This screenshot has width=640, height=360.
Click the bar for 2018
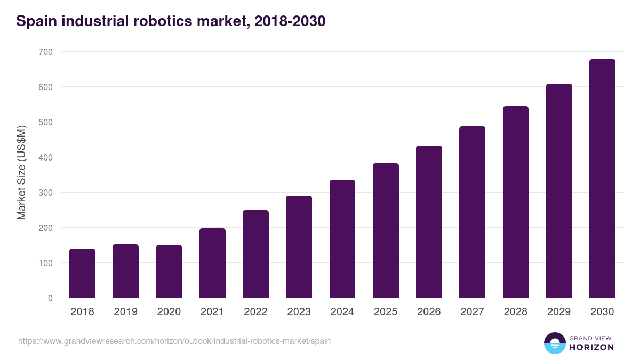pyautogui.click(x=82, y=273)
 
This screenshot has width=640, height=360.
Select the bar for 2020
pyautogui.click(x=169, y=271)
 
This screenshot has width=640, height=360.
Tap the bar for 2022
pyautogui.click(x=255, y=254)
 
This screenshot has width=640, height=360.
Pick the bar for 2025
pyautogui.click(x=386, y=230)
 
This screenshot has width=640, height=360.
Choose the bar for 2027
pyautogui.click(x=472, y=212)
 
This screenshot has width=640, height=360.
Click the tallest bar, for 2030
pyautogui.click(x=602, y=179)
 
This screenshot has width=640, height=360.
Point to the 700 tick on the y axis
pyautogui.click(x=46, y=52)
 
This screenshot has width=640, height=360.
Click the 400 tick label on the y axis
pyautogui.click(x=46, y=157)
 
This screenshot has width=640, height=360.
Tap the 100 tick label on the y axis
pyautogui.click(x=46, y=263)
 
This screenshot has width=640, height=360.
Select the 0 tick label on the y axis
pyautogui.click(x=50, y=298)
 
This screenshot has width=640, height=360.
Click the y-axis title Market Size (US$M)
pyautogui.click(x=22, y=173)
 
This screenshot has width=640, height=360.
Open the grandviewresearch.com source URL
pyautogui.click(x=174, y=341)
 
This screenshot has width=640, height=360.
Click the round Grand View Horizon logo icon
pyautogui.click(x=554, y=343)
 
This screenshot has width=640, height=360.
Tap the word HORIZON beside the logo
pyautogui.click(x=591, y=347)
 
